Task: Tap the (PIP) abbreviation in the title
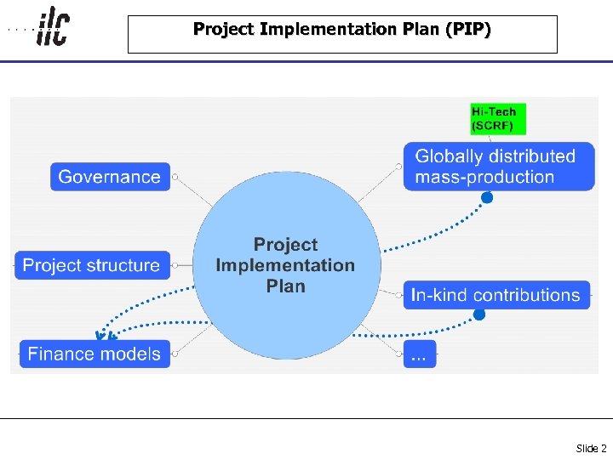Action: (x=467, y=30)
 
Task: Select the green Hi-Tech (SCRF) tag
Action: (x=498, y=118)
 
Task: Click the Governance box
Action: (x=110, y=177)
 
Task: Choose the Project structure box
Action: (x=92, y=265)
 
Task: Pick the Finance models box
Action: (x=95, y=354)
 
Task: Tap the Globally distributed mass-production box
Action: (x=498, y=167)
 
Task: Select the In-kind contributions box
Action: (x=496, y=295)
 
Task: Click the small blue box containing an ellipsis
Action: (x=419, y=354)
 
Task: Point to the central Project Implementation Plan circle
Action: (x=286, y=265)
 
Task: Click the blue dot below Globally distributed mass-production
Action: (x=487, y=198)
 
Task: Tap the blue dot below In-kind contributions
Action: (x=479, y=314)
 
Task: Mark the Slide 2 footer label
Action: (x=591, y=448)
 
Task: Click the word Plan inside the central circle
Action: (x=285, y=286)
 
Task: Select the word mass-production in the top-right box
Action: (x=484, y=178)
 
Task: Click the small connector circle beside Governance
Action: (x=175, y=178)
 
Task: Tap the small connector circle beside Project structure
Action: (x=175, y=266)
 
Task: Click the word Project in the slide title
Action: (x=223, y=30)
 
